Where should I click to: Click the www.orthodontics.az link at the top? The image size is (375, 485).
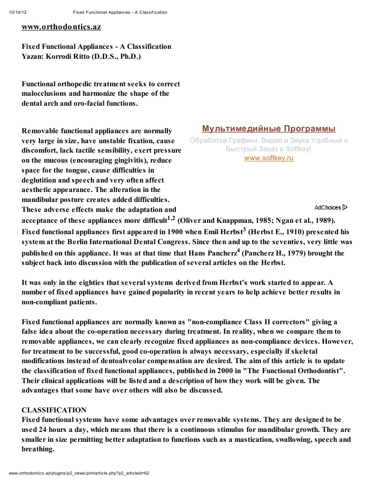(x=61, y=27)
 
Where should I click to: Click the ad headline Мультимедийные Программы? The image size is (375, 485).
(x=269, y=129)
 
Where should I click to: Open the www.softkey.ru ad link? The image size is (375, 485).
(x=269, y=158)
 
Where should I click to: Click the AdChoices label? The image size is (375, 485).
(x=328, y=208)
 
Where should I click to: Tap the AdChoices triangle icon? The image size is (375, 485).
(x=345, y=207)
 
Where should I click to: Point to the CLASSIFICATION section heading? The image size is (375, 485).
(x=54, y=410)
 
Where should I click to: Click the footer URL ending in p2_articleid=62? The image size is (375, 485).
(x=80, y=473)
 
